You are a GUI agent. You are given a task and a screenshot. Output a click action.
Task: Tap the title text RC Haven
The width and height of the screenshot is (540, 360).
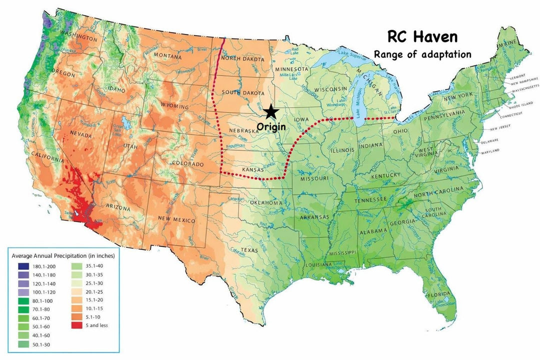click(422, 37)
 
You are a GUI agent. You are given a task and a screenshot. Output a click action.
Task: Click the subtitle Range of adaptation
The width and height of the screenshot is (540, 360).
click(422, 54)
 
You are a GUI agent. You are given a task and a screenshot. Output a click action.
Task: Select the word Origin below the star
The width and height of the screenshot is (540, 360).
click(271, 127)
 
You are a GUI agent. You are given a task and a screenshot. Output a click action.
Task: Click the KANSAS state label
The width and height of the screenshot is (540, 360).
click(253, 170)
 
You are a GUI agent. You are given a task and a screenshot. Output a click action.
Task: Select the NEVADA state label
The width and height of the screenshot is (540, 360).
click(80, 135)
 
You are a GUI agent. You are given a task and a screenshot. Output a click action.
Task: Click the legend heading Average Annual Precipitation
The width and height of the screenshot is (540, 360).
click(63, 256)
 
